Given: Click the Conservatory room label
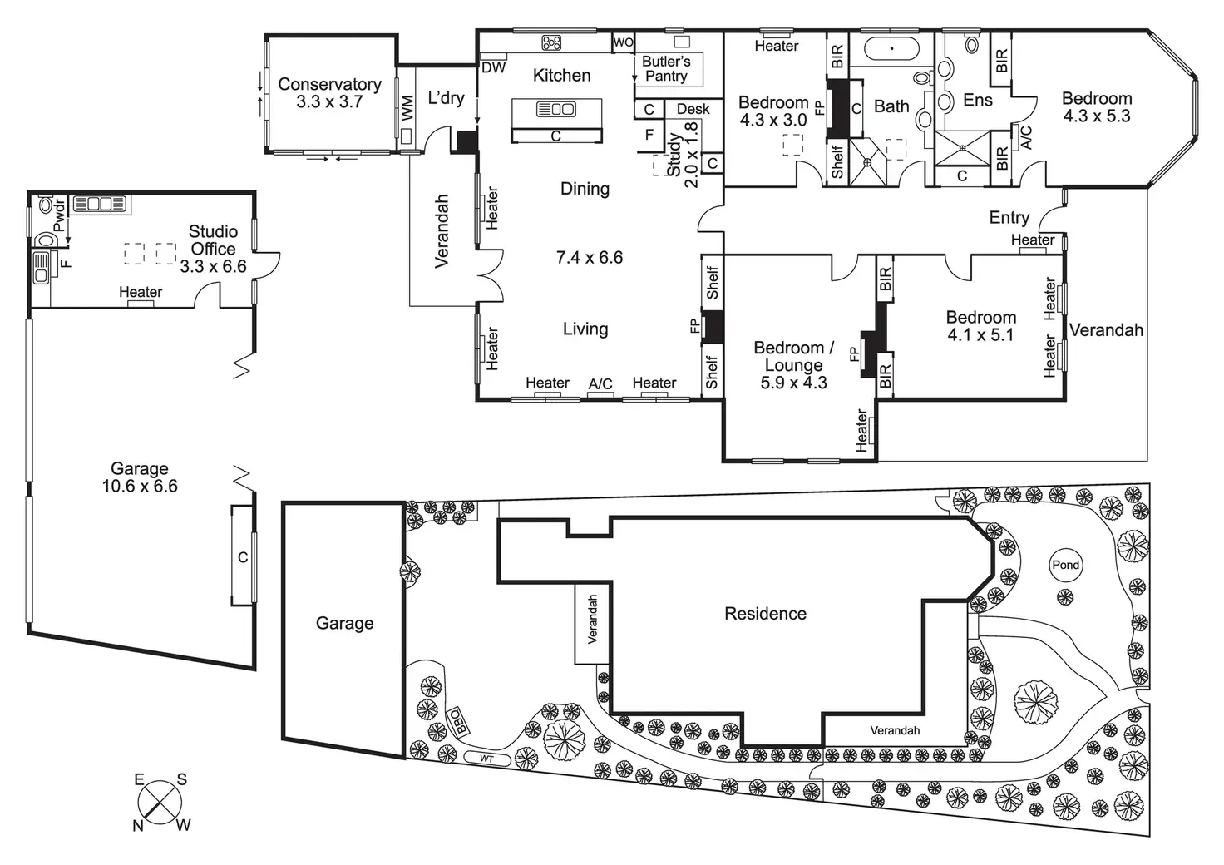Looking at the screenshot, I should [x=329, y=84].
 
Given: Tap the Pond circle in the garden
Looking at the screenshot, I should [x=1065, y=565].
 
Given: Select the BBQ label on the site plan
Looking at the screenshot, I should [x=458, y=719].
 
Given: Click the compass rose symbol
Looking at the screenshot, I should [x=160, y=803].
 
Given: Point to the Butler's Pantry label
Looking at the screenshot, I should [x=666, y=69].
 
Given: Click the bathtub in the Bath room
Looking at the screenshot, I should [x=891, y=49].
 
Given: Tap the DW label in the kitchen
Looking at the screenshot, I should [x=493, y=68].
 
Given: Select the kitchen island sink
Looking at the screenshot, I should [x=555, y=109].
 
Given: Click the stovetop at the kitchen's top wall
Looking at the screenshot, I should [x=551, y=42].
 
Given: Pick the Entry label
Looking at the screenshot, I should [x=1009, y=218].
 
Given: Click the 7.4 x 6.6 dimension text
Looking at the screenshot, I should [x=589, y=258].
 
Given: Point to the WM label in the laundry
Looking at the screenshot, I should [x=407, y=109].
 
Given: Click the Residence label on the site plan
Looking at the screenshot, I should [x=765, y=614].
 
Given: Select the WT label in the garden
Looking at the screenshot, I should [x=486, y=759].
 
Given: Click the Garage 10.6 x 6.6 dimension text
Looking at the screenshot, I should [x=140, y=487].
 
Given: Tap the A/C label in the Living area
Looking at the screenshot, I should [x=600, y=383].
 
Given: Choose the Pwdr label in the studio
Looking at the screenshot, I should [x=58, y=215].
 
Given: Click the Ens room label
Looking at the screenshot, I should [x=977, y=101].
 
